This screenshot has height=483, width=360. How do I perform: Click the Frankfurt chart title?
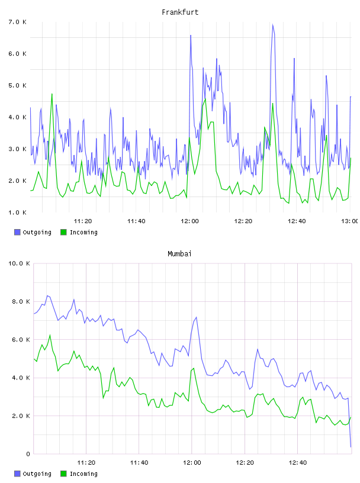coord(180,12)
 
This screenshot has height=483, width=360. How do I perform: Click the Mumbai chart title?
coord(179,254)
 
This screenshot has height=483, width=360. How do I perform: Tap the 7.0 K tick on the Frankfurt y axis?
coord(18,22)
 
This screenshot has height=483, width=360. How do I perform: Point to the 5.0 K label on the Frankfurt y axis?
coord(18,85)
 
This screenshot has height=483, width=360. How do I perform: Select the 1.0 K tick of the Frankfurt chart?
coord(18,212)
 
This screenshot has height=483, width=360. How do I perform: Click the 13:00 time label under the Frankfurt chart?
coord(350,221)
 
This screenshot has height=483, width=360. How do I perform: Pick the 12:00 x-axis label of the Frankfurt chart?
coord(189,221)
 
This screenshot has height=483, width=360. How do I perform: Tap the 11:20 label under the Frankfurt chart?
coord(83,221)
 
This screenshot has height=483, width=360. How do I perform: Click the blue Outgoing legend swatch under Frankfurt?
coord(17,232)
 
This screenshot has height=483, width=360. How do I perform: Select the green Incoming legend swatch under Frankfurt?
coord(63,232)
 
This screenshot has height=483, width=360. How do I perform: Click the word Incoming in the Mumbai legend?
coord(83,474)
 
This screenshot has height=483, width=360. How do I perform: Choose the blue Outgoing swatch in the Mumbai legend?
coord(17,474)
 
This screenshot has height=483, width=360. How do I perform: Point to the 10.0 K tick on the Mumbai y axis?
coord(19,263)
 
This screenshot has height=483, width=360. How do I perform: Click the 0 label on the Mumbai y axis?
coord(28,454)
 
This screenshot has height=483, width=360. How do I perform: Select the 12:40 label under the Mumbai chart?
coord(298,462)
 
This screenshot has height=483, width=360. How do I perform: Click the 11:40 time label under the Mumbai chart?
coord(139,462)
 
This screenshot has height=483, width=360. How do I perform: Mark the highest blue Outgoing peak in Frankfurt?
coord(273,25)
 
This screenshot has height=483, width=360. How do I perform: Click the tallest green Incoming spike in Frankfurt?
coord(52,94)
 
